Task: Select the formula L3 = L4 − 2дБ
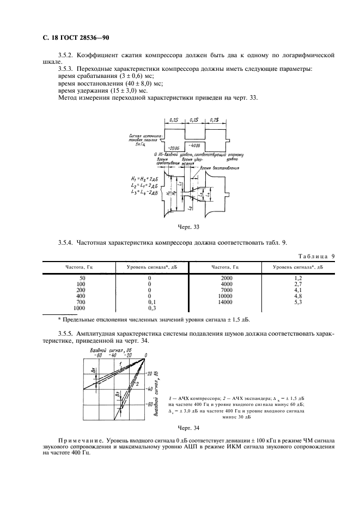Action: tap(145, 192)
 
